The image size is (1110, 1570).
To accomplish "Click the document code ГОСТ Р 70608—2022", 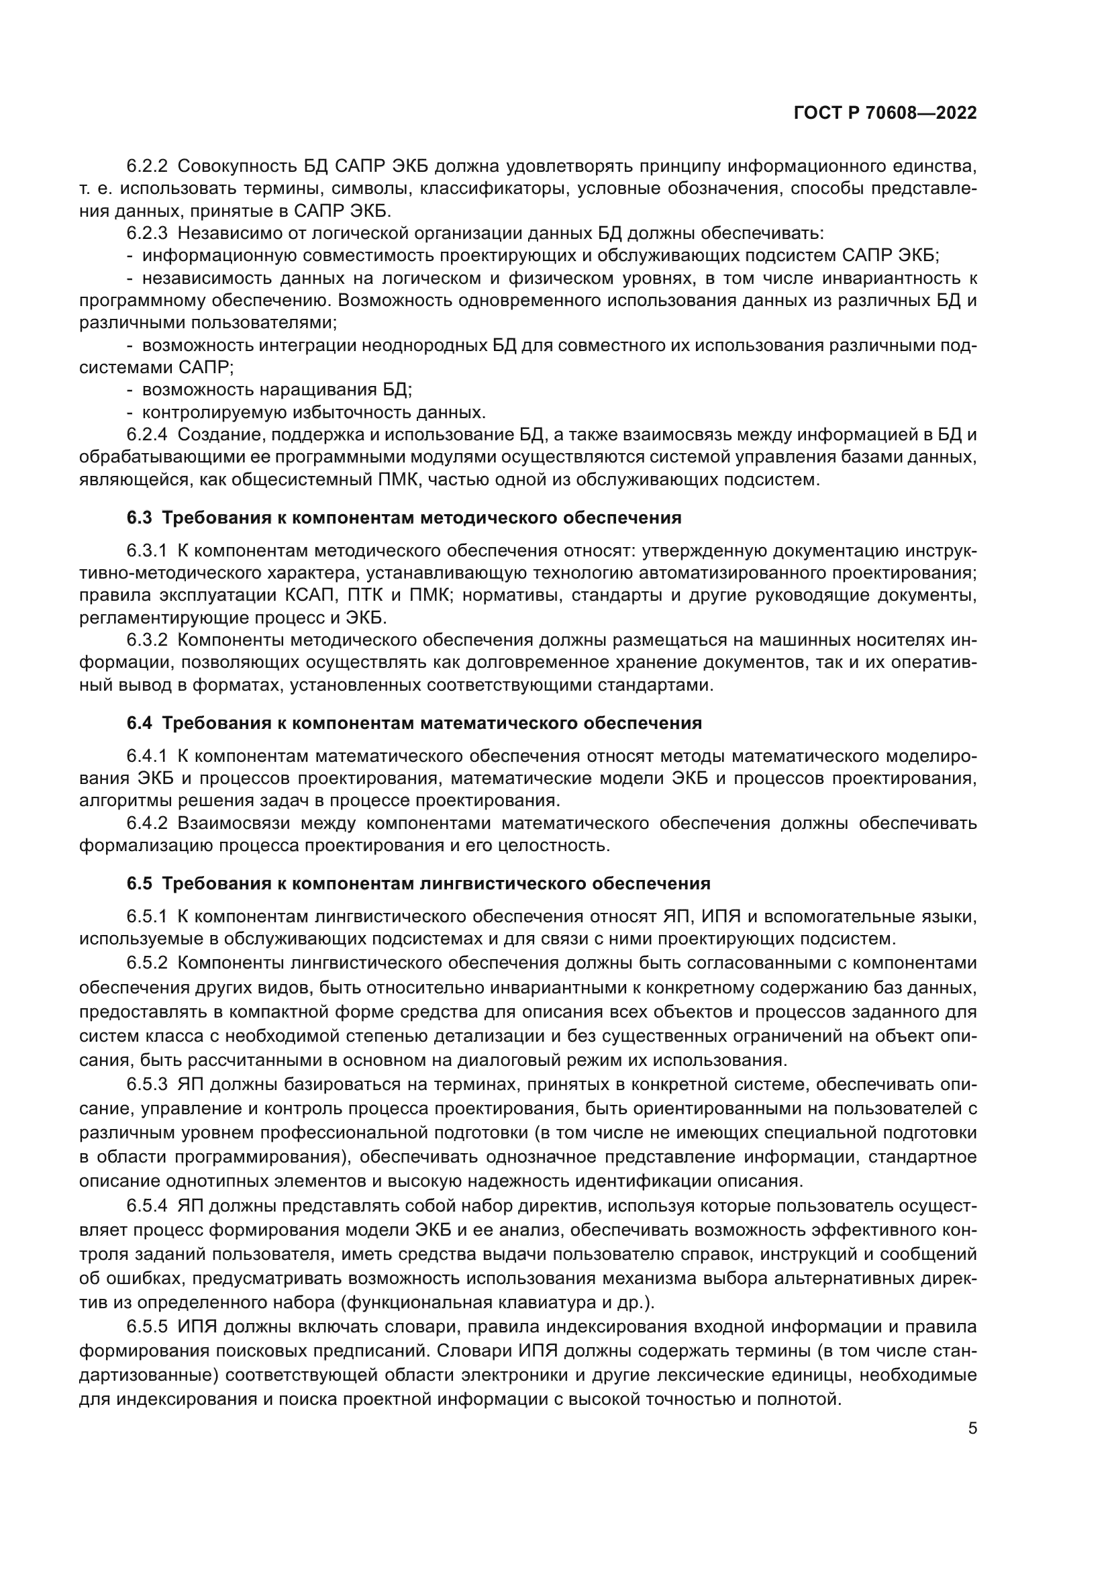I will pos(885,113).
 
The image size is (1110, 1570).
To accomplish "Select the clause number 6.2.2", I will pos(147,166).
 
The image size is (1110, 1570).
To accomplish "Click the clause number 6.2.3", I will pos(147,233).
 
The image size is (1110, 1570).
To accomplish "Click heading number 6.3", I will pos(140,518).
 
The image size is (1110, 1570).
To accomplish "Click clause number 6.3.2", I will pos(147,640).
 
